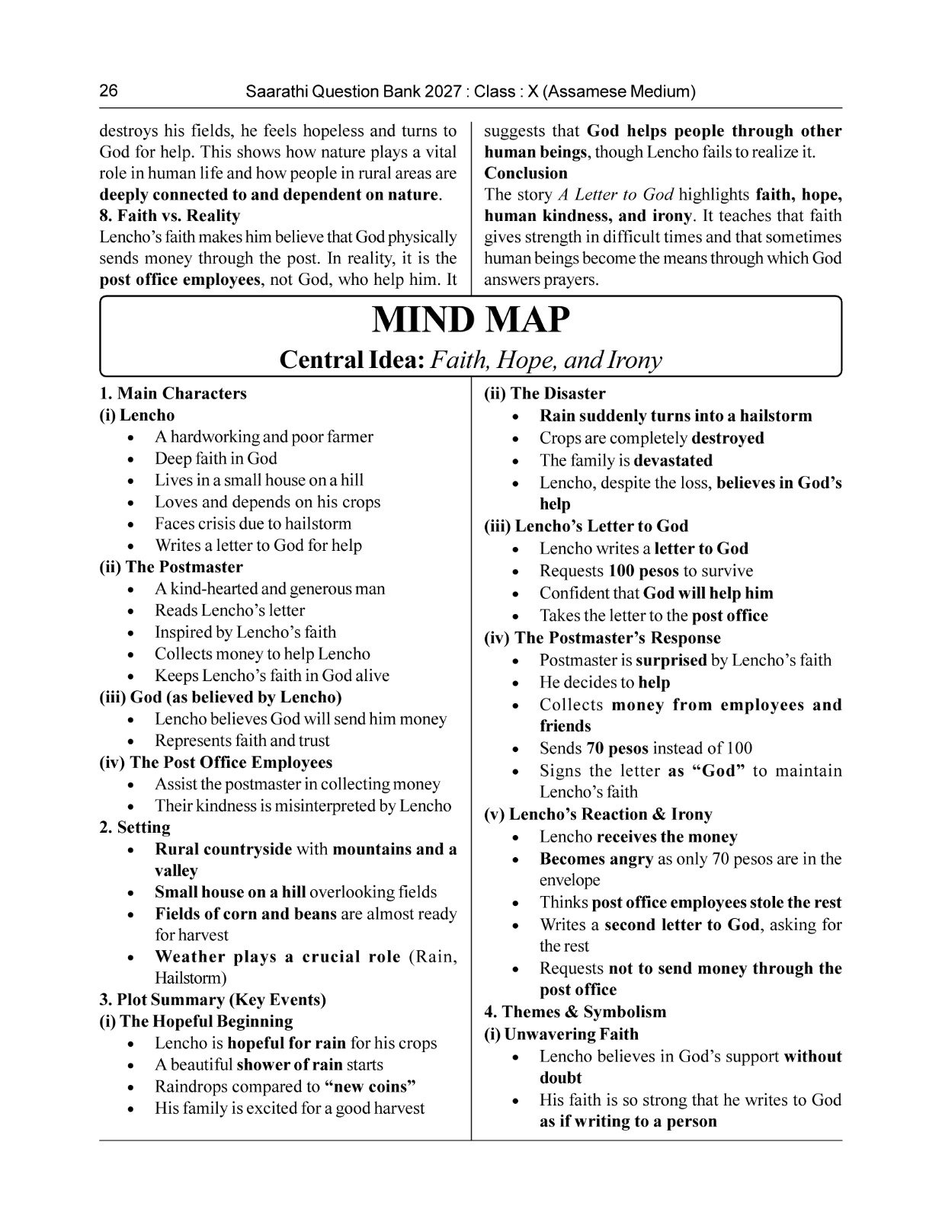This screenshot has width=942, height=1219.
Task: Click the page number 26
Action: pos(108,91)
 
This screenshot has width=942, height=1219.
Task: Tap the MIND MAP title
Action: pos(470,320)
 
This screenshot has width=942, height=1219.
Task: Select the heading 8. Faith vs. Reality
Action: pos(169,216)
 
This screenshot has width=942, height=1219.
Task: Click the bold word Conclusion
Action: pos(526,173)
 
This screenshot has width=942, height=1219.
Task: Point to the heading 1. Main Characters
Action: pos(173,394)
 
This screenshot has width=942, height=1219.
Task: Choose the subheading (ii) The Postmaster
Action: pos(171,567)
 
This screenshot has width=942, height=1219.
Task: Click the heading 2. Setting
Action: pos(135,827)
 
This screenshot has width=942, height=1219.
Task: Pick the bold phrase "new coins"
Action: pos(370,1086)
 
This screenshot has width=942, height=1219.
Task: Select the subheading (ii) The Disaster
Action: pos(545,394)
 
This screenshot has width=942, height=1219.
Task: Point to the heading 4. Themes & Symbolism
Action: pos(575,1012)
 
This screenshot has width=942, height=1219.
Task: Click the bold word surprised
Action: pos(671,661)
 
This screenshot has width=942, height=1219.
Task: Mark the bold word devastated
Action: pos(673,460)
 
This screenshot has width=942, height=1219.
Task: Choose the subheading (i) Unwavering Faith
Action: pos(562,1034)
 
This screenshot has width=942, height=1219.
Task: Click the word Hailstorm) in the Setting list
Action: pos(191,977)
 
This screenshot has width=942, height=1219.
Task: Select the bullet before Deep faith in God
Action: pos(133,459)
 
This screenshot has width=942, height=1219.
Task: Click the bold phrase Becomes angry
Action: pos(596,859)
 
